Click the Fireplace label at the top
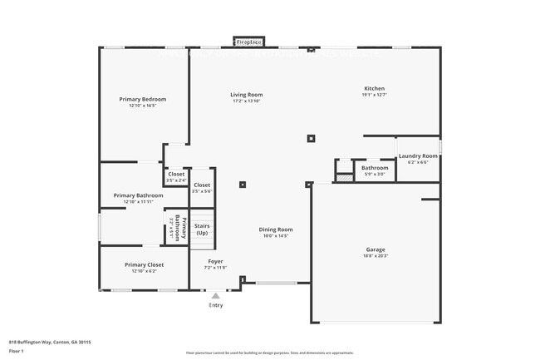click(x=249, y=41)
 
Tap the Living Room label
click(x=247, y=95)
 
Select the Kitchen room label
click(x=375, y=88)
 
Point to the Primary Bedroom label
click(x=143, y=100)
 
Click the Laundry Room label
click(x=418, y=155)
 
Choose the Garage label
click(x=376, y=249)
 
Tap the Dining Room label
click(x=275, y=229)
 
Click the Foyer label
click(x=215, y=261)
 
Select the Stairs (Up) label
click(x=202, y=229)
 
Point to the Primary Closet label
click(x=145, y=264)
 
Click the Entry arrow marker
click(x=216, y=295)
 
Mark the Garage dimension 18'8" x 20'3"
click(x=376, y=256)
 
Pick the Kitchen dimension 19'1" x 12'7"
click(x=375, y=95)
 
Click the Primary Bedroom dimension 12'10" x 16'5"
click(x=143, y=106)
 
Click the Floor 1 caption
click(x=17, y=351)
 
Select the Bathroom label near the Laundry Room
click(x=375, y=168)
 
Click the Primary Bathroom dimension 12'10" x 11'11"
click(x=138, y=202)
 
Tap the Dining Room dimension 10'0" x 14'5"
click(x=275, y=236)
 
